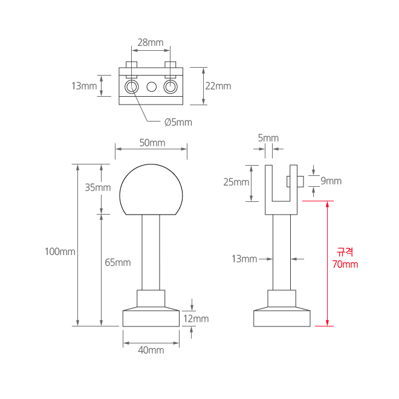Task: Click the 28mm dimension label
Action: (x=151, y=42)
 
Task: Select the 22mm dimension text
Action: (x=218, y=86)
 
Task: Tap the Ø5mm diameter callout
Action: (x=178, y=122)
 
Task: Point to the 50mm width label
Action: (x=152, y=143)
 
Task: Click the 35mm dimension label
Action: (x=98, y=187)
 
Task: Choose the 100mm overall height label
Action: (x=60, y=251)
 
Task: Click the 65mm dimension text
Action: (x=118, y=262)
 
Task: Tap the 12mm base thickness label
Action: (x=196, y=319)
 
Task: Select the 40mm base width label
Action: (x=151, y=350)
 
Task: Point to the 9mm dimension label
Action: (x=331, y=181)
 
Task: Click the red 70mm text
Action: (x=345, y=264)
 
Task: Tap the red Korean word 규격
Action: (x=345, y=252)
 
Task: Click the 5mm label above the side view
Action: (x=268, y=138)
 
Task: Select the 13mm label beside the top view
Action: (x=84, y=86)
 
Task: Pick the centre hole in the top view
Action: (x=151, y=88)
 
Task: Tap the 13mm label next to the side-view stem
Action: (x=244, y=259)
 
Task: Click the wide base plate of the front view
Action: (x=151, y=318)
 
